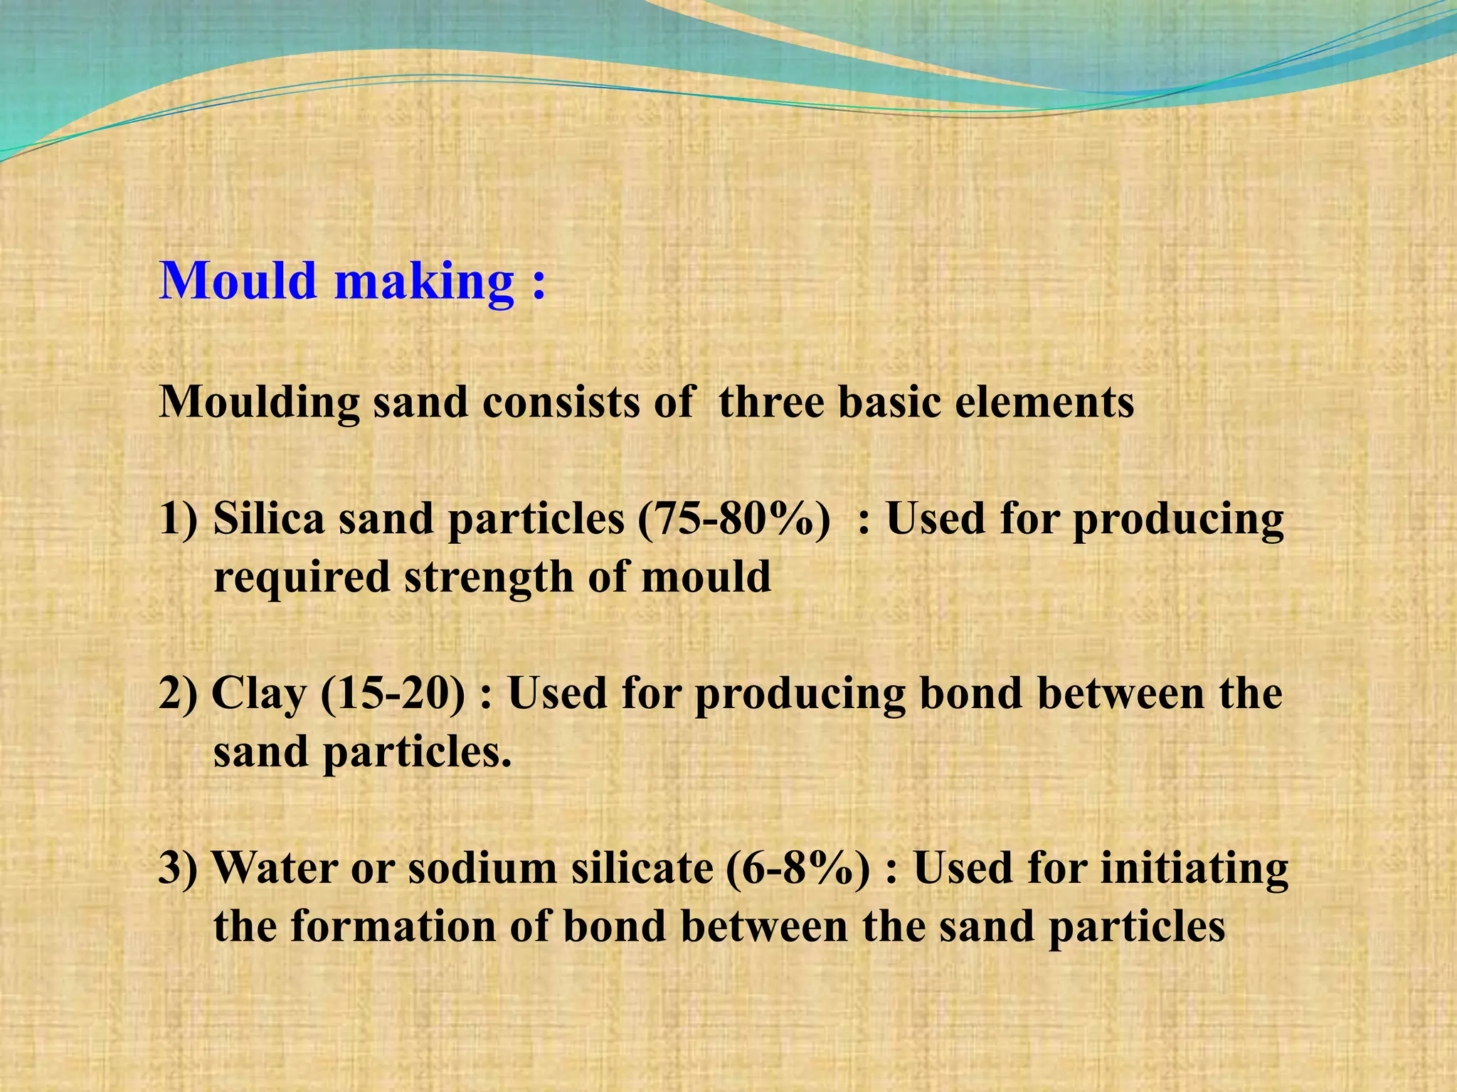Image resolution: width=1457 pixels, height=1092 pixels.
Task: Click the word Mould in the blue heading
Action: [x=238, y=281]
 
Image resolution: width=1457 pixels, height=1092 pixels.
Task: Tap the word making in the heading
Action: [x=424, y=282]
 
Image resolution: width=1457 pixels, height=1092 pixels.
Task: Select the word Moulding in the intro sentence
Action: [x=260, y=403]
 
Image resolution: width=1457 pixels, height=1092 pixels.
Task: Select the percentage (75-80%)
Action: [x=733, y=520]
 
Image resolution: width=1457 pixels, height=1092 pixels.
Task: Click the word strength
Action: [x=489, y=577]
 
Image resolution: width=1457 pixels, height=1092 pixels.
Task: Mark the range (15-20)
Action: [x=393, y=694]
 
